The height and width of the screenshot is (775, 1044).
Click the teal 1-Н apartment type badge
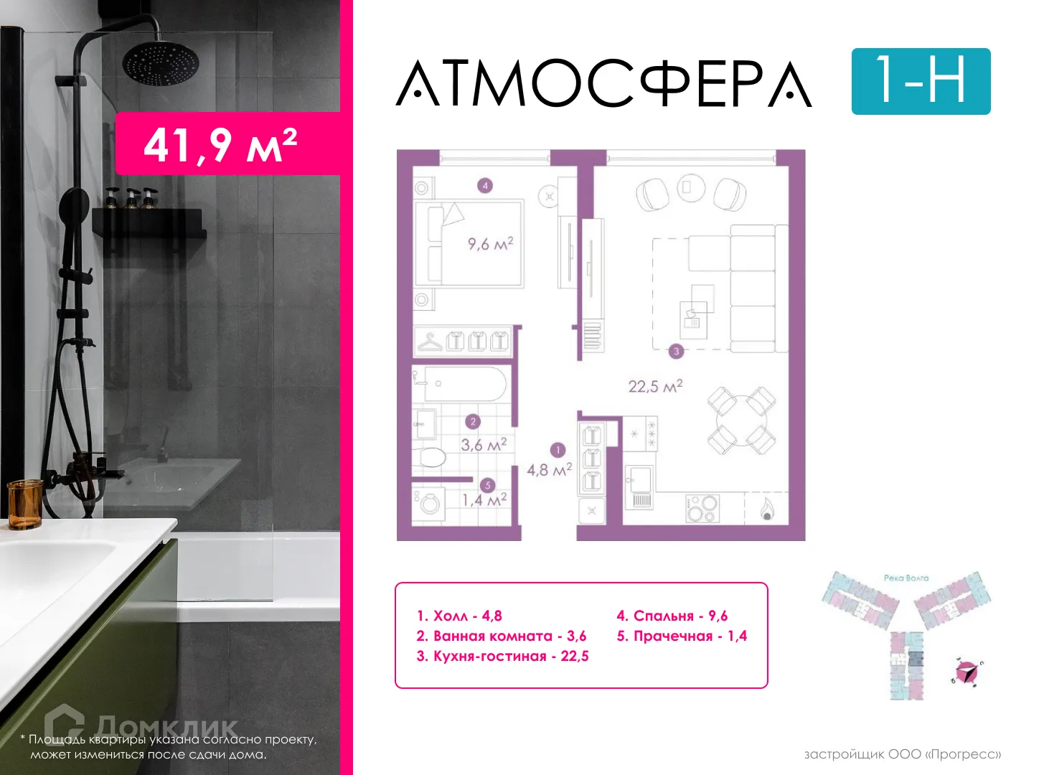(921, 81)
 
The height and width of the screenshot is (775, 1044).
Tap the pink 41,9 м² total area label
(221, 144)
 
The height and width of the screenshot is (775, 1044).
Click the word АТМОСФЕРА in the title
(603, 84)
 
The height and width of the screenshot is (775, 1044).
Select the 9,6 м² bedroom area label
(491, 244)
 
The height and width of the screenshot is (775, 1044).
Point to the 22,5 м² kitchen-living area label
(655, 386)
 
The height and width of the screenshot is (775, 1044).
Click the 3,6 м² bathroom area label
(484, 445)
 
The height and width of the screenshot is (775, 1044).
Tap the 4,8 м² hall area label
(550, 470)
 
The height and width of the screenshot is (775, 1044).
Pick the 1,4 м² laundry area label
(484, 500)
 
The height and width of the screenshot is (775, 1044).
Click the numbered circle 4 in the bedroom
(485, 186)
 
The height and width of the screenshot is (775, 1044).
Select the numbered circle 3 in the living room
(676, 352)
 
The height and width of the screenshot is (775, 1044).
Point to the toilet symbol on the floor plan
(431, 456)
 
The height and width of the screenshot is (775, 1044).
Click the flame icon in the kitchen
(767, 509)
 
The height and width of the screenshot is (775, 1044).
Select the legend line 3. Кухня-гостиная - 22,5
(502, 657)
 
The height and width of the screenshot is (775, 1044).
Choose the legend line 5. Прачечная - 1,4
(682, 637)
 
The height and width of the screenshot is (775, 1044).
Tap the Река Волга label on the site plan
(906, 578)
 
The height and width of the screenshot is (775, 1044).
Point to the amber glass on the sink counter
(24, 504)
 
